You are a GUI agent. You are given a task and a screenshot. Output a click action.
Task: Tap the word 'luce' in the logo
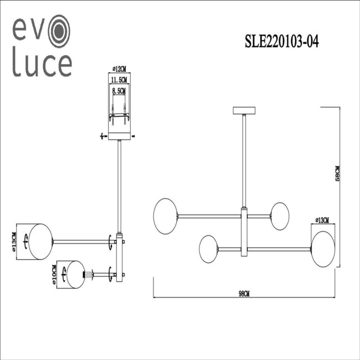42,65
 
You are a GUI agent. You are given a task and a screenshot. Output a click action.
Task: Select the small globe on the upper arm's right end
280,214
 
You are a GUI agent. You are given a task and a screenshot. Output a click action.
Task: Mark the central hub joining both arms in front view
244,232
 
